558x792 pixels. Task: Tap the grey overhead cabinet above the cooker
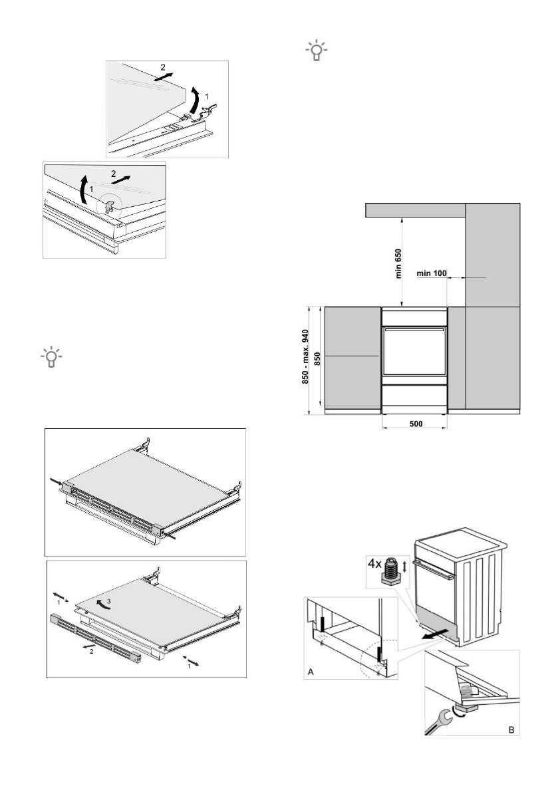click(x=416, y=210)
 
